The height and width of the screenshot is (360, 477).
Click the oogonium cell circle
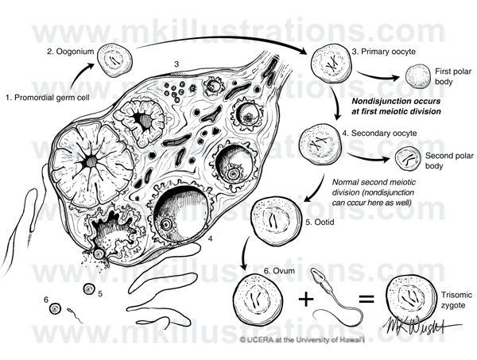(x=114, y=60)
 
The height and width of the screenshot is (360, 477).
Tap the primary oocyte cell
(x=332, y=64)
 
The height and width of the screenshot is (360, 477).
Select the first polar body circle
(x=418, y=76)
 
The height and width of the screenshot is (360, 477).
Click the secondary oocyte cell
(x=320, y=144)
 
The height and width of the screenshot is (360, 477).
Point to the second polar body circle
(x=407, y=159)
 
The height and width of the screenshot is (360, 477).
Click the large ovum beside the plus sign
(x=258, y=300)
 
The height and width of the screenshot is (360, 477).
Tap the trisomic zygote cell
(x=411, y=299)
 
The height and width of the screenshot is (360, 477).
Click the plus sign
(x=306, y=299)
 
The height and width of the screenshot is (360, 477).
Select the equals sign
(x=366, y=298)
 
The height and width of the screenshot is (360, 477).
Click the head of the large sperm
(x=316, y=274)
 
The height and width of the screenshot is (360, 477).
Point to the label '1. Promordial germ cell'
(x=48, y=98)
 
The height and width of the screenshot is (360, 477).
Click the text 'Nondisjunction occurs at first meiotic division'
(x=396, y=106)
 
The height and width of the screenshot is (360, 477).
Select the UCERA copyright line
(x=302, y=339)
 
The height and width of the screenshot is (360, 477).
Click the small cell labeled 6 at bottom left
(x=55, y=309)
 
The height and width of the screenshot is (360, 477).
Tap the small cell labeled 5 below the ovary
(x=89, y=288)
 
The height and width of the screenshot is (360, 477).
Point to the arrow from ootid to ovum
(x=245, y=253)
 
